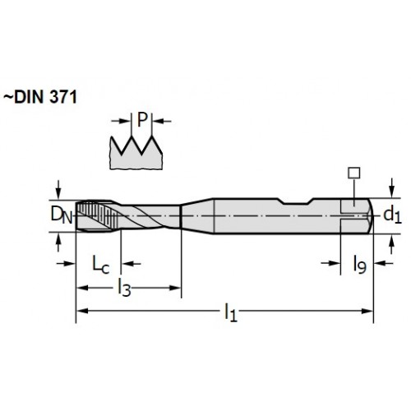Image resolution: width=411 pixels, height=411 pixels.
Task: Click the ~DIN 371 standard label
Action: point(40,97)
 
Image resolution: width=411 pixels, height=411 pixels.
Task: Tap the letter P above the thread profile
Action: point(142,120)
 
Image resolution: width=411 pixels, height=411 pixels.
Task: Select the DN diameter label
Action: point(62,215)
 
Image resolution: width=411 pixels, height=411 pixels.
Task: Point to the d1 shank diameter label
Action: point(392,215)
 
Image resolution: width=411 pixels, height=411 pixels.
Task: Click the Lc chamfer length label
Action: point(100,265)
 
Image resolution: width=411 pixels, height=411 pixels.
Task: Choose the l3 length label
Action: point(124,287)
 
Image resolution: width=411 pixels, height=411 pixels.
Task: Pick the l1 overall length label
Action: point(230,312)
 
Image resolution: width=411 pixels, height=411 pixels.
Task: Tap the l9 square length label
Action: point(359,265)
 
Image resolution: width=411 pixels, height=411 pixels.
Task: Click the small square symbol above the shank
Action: point(353,173)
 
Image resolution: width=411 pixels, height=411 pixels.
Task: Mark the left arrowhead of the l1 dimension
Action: point(82,311)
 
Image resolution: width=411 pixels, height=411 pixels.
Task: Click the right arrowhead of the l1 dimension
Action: point(367,311)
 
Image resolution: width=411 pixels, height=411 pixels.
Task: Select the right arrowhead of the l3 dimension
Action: point(175,288)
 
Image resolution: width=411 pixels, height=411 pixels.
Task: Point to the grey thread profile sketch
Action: point(136,153)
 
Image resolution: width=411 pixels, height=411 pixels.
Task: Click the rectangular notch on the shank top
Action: point(296,201)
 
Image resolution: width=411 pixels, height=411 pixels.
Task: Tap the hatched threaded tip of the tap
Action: point(96,215)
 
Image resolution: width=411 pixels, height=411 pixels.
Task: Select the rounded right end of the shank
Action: point(371,215)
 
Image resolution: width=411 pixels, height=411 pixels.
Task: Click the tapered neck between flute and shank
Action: point(197,215)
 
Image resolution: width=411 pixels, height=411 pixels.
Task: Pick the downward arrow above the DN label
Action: point(58,189)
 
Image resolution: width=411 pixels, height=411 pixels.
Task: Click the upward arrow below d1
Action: point(392,245)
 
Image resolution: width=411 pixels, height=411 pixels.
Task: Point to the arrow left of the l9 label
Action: point(330,263)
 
